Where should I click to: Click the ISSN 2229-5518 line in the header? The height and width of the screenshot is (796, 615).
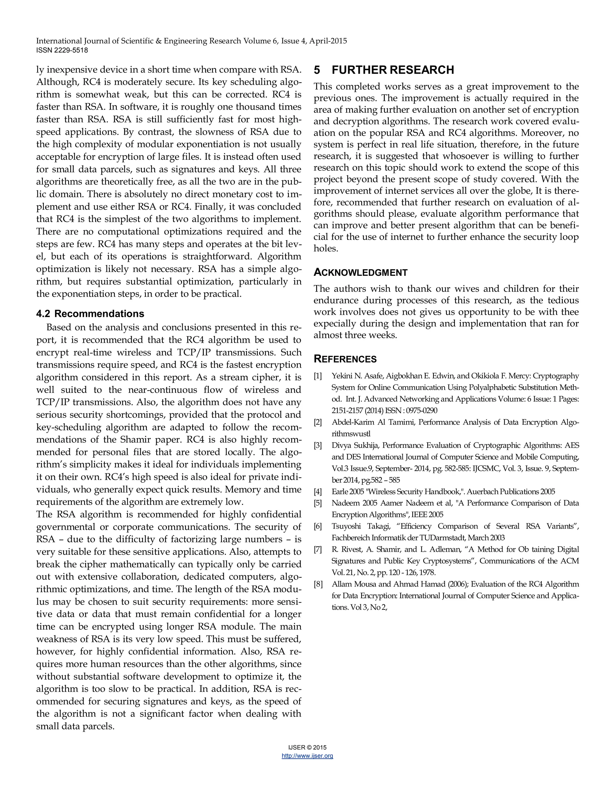pyautogui.click(x=62, y=50)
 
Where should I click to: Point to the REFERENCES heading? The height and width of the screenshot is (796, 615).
pyautogui.click(x=345, y=359)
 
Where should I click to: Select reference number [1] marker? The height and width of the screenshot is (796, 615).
pyautogui.click(x=318, y=376)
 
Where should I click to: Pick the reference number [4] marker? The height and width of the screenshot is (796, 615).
pyautogui.click(x=318, y=492)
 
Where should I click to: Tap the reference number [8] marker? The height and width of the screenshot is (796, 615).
pyautogui.click(x=318, y=584)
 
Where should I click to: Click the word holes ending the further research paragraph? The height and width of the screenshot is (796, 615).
pyautogui.click(x=325, y=249)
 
